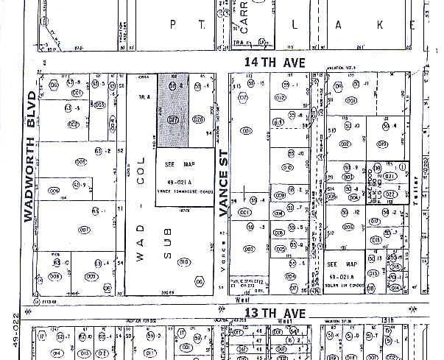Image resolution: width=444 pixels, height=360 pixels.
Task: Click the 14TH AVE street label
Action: [275, 63]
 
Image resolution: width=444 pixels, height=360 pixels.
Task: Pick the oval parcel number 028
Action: [197, 119]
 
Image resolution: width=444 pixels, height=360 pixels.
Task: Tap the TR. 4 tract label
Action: [144, 96]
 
